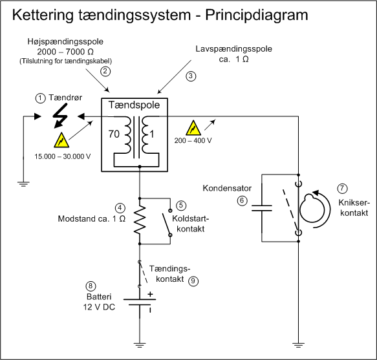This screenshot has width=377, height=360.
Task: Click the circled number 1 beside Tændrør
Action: (40, 98)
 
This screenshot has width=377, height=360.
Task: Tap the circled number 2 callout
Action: (105, 71)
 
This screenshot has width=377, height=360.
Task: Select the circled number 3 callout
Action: (191, 76)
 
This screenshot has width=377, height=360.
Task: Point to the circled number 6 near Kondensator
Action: (242, 200)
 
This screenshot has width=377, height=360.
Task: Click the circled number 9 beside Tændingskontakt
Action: (193, 281)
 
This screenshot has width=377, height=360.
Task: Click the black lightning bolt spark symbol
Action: (60, 116)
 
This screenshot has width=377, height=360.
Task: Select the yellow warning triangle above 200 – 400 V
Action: (193, 127)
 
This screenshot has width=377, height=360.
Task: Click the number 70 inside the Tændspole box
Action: (114, 134)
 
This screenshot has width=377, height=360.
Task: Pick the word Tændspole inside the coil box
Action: (134, 105)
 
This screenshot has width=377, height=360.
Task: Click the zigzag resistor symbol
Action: (140, 220)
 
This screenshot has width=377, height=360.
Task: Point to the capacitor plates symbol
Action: (262, 208)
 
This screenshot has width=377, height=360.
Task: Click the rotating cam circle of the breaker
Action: (312, 207)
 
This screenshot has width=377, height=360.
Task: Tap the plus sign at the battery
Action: (150, 294)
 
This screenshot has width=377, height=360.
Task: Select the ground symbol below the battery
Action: (140, 345)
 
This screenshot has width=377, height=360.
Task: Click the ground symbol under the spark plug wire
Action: (23, 184)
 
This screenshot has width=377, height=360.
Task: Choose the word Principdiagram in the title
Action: (257, 15)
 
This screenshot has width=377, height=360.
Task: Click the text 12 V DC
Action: (99, 307)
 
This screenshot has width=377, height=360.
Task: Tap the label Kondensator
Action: (227, 188)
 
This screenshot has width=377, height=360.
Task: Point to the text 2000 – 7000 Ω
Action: (65, 52)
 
